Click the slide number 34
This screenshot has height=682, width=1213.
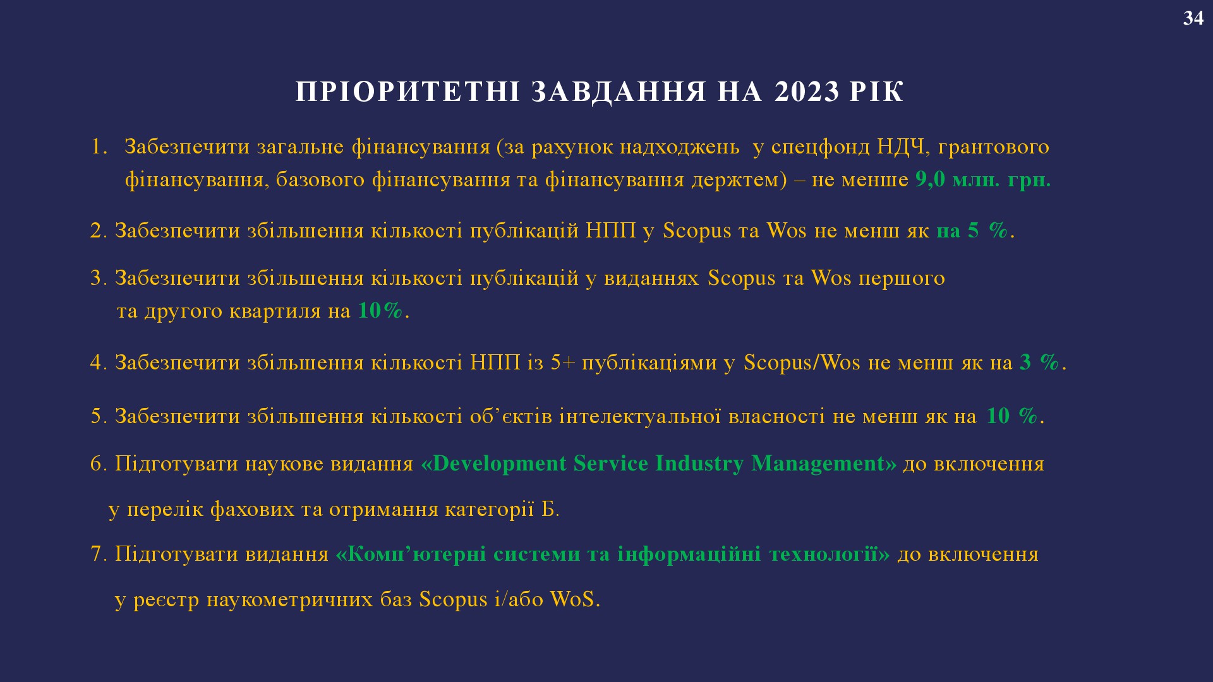[1193, 18]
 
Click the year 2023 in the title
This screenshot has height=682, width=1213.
[807, 92]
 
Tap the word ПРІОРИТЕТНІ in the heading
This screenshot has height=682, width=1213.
[408, 92]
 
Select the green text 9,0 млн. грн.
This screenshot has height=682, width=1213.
[983, 180]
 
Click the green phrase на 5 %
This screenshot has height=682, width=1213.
[972, 230]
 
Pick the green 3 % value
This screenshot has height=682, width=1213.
[1039, 362]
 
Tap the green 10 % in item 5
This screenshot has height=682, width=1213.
[1012, 416]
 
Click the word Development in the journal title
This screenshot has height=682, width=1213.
[499, 464]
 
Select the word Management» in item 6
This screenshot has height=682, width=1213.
[824, 464]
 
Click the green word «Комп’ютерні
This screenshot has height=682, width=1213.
[411, 554]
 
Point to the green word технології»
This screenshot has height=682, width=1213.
[830, 554]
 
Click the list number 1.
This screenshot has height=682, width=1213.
[99, 147]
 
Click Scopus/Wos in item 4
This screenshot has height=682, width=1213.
[802, 363]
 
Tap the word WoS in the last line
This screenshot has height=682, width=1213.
[572, 599]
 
